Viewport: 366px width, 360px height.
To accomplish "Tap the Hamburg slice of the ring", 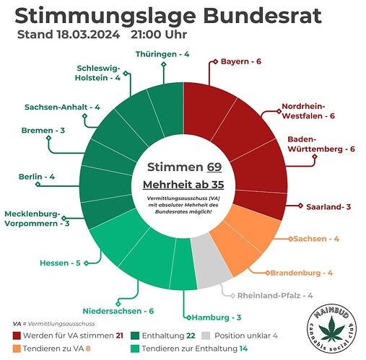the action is (x=183, y=265).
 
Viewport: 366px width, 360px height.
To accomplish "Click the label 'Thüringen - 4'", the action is (x=162, y=54).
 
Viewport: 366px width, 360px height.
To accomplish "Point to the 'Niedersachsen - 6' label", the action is (x=118, y=311).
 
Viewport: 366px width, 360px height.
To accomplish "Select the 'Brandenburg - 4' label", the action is (x=302, y=273).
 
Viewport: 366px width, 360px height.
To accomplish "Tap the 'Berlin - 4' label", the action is (x=37, y=177).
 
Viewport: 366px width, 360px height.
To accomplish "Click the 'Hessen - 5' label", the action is (x=60, y=263).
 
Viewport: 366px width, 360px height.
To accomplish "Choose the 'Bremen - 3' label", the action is (x=43, y=131).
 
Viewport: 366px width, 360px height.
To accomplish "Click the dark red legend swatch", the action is (x=17, y=335).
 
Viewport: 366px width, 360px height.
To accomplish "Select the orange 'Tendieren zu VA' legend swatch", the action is (x=17, y=348).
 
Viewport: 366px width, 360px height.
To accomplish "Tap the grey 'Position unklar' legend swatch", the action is (x=206, y=335).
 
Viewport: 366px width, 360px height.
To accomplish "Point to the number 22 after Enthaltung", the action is (x=191, y=335).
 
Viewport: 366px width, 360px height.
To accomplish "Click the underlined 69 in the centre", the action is (x=214, y=167).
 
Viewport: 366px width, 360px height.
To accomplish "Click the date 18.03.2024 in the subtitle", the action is (x=88, y=35).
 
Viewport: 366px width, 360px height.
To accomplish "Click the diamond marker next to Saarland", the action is (x=300, y=206).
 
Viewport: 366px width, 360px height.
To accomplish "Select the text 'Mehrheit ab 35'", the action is (x=183, y=185).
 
